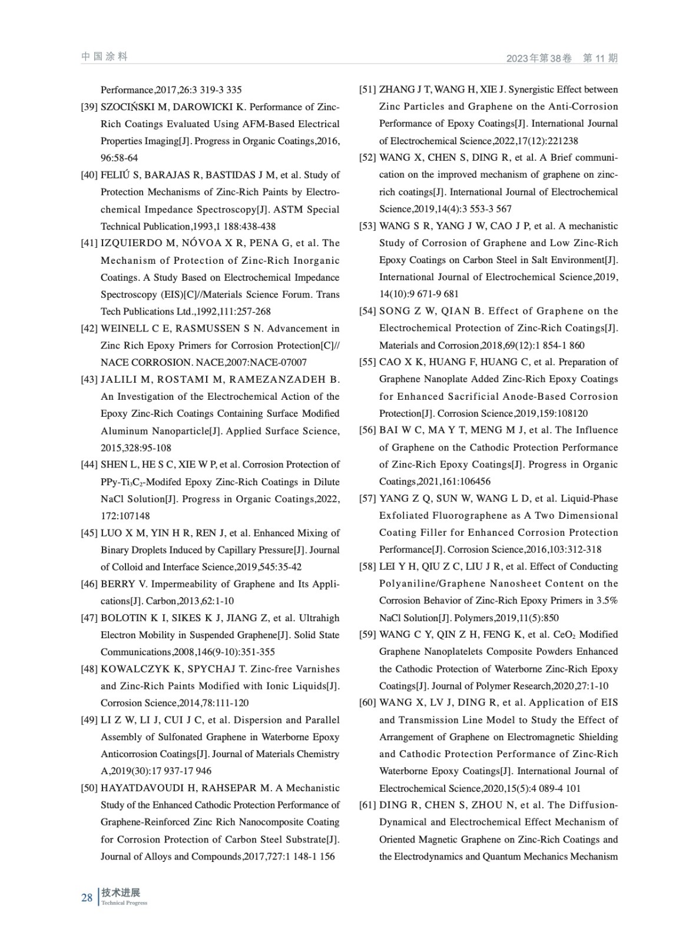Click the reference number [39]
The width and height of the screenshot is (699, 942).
pyautogui.click(x=89, y=107)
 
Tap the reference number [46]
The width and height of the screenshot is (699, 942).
pyautogui.click(x=89, y=584)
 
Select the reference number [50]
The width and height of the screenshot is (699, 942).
pyautogui.click(x=89, y=788)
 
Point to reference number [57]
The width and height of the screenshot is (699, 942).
pyautogui.click(x=367, y=499)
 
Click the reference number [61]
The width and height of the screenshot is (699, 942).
pyautogui.click(x=367, y=805)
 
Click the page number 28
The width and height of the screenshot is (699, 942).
pyautogui.click(x=87, y=898)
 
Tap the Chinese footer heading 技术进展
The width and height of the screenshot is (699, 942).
pyautogui.click(x=121, y=893)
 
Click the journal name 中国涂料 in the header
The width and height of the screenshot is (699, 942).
pyautogui.click(x=104, y=57)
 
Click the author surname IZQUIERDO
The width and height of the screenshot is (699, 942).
pyautogui.click(x=134, y=243)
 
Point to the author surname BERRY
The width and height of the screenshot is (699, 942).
pyautogui.click(x=118, y=584)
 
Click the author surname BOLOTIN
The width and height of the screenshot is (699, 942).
pyautogui.click(x=124, y=618)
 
